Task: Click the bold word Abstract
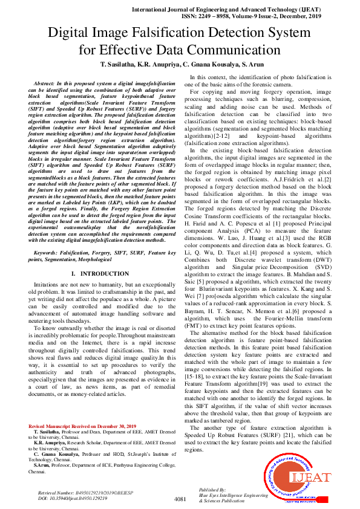45,82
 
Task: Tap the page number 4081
180,499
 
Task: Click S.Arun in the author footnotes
42,465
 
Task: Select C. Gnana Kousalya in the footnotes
59,453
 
